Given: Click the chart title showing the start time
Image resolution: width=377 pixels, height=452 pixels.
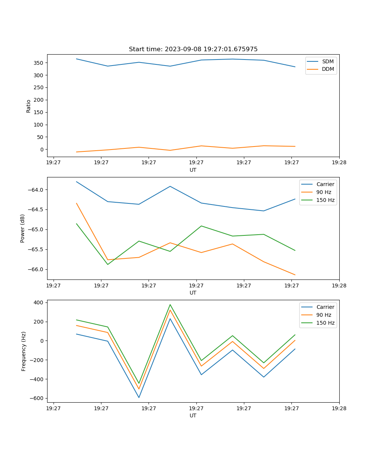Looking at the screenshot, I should point(193,49).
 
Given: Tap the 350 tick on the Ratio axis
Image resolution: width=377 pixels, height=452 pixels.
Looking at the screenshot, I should point(40,63).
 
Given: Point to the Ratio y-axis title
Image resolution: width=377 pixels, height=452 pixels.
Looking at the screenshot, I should point(29,106).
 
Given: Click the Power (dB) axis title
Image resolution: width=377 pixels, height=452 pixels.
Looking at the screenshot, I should point(23,228).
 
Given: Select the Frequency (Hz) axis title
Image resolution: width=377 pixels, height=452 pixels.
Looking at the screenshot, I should point(24,351).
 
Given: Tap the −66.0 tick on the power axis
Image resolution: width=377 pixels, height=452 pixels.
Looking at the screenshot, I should point(36,269).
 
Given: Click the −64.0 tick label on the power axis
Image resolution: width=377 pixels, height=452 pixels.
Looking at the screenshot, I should point(36,190).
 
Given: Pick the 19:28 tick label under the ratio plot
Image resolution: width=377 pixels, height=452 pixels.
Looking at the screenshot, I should point(339,163).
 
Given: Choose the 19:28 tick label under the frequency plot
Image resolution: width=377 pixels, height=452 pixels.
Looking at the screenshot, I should point(339,408).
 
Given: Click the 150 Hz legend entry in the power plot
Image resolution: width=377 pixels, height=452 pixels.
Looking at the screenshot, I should point(325,200).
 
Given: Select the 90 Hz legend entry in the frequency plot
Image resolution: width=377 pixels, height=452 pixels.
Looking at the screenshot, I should point(324,315).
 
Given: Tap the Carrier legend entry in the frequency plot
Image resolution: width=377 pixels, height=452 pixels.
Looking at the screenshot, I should point(325,307).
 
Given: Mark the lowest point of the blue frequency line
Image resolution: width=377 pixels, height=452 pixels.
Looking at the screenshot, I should point(139,397).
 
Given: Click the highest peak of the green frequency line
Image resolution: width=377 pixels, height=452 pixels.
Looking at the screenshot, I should point(170,305).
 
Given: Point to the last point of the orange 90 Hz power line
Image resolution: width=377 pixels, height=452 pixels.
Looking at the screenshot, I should point(295,275).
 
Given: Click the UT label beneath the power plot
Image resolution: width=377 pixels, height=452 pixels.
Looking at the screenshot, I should point(193,293).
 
